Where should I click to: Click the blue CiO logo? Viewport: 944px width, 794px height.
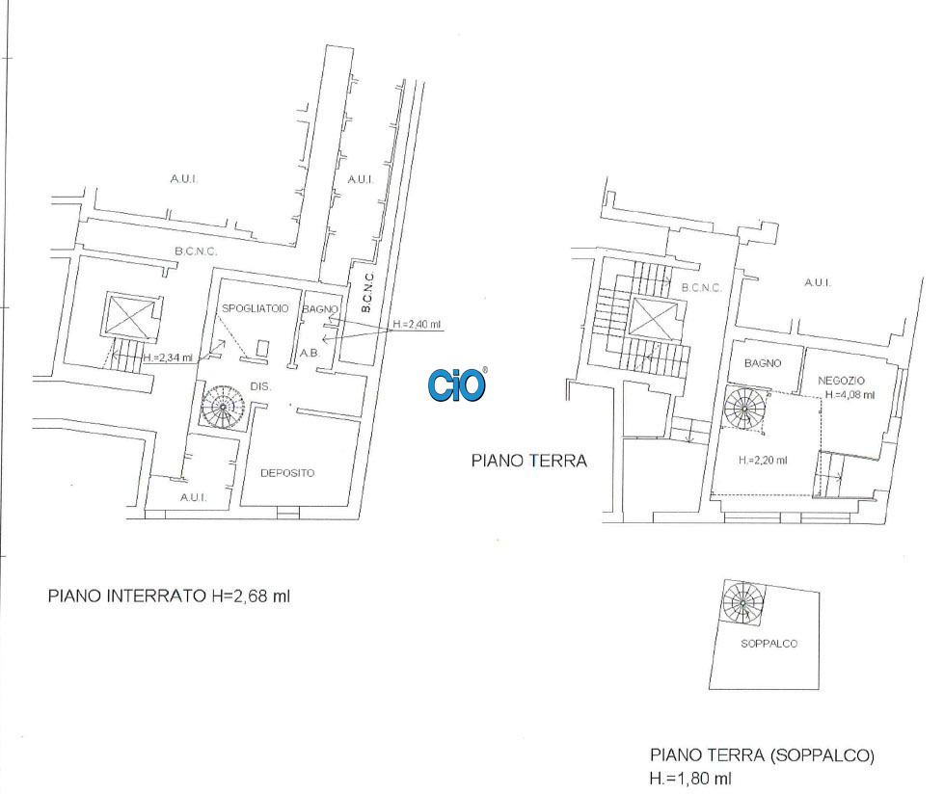tap(457, 385)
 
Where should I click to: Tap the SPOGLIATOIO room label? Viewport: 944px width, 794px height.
tap(256, 308)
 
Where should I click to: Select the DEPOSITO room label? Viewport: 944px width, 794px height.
tap(287, 473)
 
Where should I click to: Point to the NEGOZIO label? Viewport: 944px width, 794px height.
tap(841, 381)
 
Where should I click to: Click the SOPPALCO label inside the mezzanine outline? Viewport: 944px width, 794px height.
tap(769, 644)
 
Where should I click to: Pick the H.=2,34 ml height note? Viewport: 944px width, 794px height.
tap(168, 357)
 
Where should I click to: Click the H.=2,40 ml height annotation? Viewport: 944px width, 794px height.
tap(417, 325)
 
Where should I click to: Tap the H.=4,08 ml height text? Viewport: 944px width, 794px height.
tap(850, 395)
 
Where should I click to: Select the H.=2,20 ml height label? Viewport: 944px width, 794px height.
tap(763, 461)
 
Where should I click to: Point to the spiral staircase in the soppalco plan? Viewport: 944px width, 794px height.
tap(742, 602)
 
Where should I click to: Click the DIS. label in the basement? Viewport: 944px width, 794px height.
tap(260, 386)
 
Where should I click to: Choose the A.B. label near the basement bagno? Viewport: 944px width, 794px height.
tap(310, 353)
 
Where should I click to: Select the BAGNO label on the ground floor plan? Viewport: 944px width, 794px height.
tap(763, 363)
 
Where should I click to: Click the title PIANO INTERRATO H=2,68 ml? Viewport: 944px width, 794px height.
tap(169, 596)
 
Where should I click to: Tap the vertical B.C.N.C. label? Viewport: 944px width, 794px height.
tap(367, 292)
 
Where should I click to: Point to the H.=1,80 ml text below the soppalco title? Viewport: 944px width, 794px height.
tap(690, 779)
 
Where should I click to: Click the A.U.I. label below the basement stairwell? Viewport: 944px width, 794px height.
tap(193, 497)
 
